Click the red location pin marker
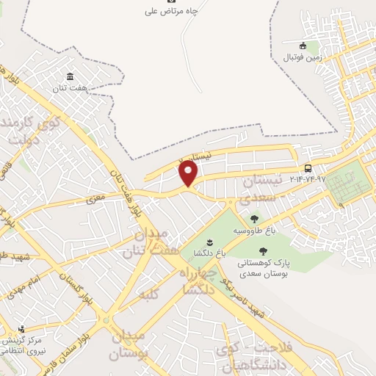click(x=189, y=173)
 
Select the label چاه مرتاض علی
click(x=172, y=12)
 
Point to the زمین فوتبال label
click(x=303, y=56)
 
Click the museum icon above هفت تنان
click(x=70, y=77)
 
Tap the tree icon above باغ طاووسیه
click(x=254, y=219)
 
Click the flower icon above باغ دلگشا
click(x=209, y=242)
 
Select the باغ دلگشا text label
click(x=210, y=253)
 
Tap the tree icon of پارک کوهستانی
click(x=263, y=252)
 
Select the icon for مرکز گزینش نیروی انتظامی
click(x=21, y=329)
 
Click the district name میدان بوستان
click(x=129, y=345)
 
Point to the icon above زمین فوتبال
click(x=303, y=46)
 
